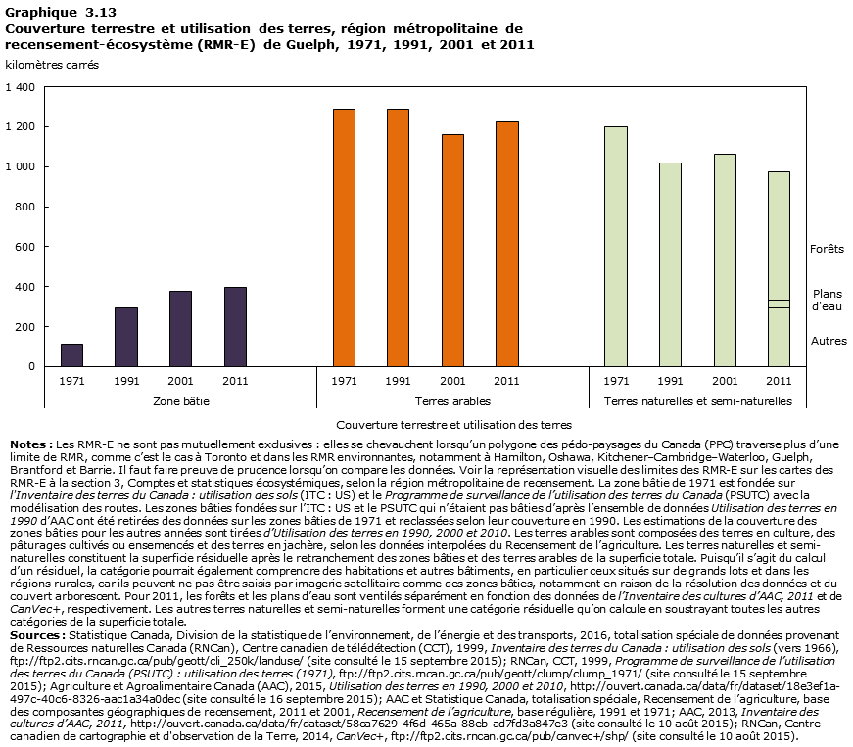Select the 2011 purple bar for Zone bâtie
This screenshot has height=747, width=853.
[235, 326]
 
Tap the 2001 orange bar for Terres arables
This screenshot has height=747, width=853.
[452, 250]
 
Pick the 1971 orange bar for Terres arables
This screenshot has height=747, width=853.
[344, 237]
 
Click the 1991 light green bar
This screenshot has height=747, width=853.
[670, 264]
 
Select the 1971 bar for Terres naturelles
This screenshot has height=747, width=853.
[616, 246]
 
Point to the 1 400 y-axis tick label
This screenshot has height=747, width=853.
[20, 87]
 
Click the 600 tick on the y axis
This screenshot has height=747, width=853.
[25, 247]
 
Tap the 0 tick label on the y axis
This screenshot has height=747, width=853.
[31, 366]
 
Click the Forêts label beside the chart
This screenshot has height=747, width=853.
[827, 249]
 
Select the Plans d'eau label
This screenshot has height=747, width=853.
[828, 301]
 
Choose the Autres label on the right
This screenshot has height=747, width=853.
[829, 341]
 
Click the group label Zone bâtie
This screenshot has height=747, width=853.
[181, 401]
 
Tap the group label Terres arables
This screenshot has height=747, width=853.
[452, 401]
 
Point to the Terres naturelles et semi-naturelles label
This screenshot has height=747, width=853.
[698, 401]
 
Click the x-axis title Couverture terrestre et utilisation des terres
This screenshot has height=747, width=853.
[452, 425]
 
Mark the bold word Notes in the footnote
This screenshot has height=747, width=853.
[26, 444]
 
